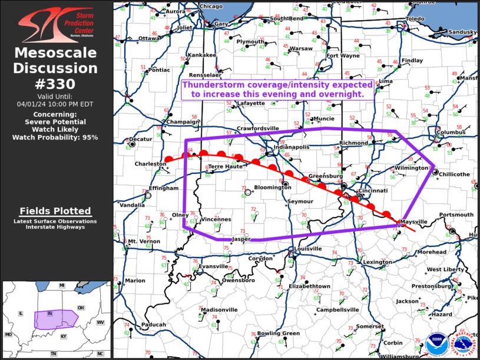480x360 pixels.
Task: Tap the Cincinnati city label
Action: coord(372,191)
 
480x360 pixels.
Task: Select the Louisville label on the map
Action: coord(307,249)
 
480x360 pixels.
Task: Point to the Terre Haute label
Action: coord(226,167)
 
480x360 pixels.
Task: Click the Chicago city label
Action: coord(211,6)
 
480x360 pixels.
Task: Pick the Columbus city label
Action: coord(452,132)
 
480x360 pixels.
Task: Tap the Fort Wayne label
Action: coord(343,56)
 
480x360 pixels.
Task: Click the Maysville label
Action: coord(413,222)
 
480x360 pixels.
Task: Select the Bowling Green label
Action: coord(279,333)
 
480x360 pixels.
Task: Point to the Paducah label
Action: coord(153,324)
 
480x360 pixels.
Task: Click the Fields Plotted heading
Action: coord(55,211)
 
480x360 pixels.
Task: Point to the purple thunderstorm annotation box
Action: coord(277,89)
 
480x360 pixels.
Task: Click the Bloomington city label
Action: coord(273,188)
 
